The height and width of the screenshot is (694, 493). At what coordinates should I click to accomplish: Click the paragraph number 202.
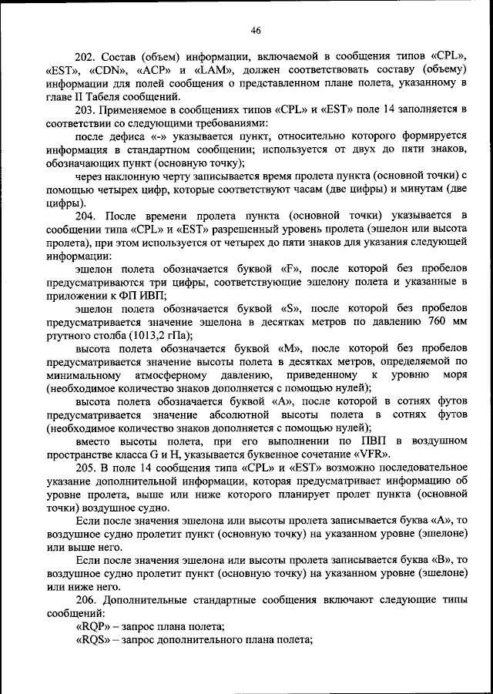(86, 56)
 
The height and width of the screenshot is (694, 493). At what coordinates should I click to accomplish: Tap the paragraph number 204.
(86, 216)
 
